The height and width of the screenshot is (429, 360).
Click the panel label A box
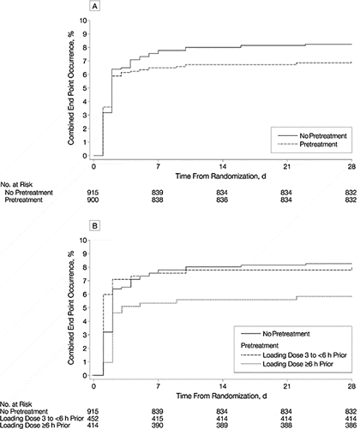95,6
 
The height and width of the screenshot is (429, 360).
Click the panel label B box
95,226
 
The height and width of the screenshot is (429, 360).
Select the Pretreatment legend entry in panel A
308,145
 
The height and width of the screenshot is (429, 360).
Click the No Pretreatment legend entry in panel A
312,136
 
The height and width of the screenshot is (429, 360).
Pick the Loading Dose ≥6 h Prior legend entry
287,364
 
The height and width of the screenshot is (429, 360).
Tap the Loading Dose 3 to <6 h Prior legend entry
294,355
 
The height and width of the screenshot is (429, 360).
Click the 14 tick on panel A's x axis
223,166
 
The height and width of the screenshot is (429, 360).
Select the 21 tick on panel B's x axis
287,386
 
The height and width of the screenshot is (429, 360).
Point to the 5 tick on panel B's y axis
84,308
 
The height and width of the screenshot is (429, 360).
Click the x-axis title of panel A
221,176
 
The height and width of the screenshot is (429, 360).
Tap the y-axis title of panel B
71,307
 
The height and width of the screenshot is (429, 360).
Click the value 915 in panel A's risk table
93,193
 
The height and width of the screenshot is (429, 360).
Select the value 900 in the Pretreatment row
93,200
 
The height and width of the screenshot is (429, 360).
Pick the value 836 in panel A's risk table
222,200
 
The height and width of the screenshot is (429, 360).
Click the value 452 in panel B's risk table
93,419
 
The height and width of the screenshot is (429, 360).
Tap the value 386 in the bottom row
351,426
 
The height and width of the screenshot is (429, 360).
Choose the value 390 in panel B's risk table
158,426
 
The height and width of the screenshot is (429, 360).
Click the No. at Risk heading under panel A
16,185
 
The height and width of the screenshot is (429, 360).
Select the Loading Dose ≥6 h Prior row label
35,426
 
